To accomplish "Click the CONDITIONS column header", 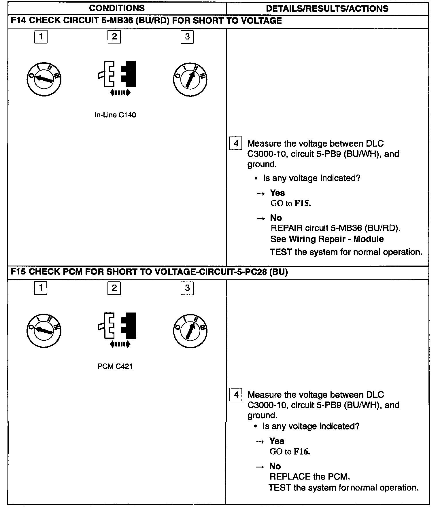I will tap(117, 8).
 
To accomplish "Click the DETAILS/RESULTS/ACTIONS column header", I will tap(327, 9).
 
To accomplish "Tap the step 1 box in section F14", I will tap(41, 37).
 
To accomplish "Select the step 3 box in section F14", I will tap(187, 37).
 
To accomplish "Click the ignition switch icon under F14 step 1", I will tap(44, 79).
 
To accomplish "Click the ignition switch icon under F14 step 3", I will tap(190, 79).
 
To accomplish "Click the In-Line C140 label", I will tap(115, 115).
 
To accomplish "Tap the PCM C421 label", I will tap(115, 366).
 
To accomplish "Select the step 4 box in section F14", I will tap(236, 143).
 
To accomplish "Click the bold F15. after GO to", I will tap(303, 204).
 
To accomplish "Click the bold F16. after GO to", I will tap(302, 452).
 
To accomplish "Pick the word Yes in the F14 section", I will tap(277, 193).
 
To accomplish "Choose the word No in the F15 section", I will tap(275, 466).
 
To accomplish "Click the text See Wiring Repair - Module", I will tap(327, 239).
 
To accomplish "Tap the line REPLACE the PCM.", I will tap(310, 477).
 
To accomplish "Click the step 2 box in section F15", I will tap(114, 288).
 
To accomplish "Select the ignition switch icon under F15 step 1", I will tap(44, 330).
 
